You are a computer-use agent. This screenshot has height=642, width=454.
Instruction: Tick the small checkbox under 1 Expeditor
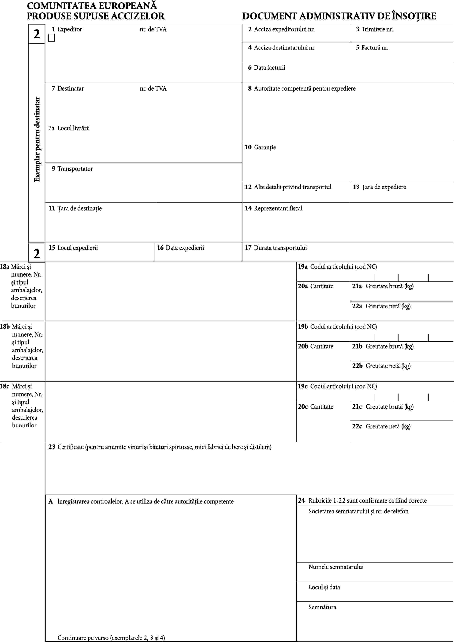point(51,38)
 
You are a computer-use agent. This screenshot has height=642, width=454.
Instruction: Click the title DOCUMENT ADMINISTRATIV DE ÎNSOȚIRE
point(339,16)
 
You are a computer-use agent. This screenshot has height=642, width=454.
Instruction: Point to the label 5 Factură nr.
point(372,48)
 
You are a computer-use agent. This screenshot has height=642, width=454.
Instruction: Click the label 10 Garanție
point(260,147)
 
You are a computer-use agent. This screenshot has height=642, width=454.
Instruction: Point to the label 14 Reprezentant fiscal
point(273,208)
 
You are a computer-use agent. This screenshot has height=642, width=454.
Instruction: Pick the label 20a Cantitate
point(315,286)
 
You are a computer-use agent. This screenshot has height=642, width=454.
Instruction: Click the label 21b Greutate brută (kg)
point(382,346)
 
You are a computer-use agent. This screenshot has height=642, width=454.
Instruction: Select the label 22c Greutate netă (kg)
point(381,426)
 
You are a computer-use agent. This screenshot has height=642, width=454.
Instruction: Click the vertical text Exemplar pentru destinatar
point(37,139)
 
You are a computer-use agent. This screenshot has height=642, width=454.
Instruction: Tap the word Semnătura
point(322,607)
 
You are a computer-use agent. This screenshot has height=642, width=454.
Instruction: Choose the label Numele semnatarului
point(336,567)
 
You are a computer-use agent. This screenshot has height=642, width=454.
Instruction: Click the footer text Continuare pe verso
point(111,638)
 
